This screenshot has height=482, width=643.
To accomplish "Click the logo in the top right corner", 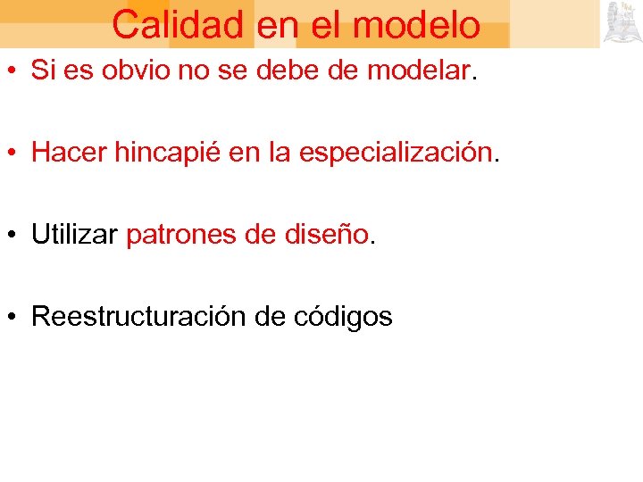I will tap(622, 23).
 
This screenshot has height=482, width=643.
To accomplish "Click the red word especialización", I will tap(396, 154).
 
